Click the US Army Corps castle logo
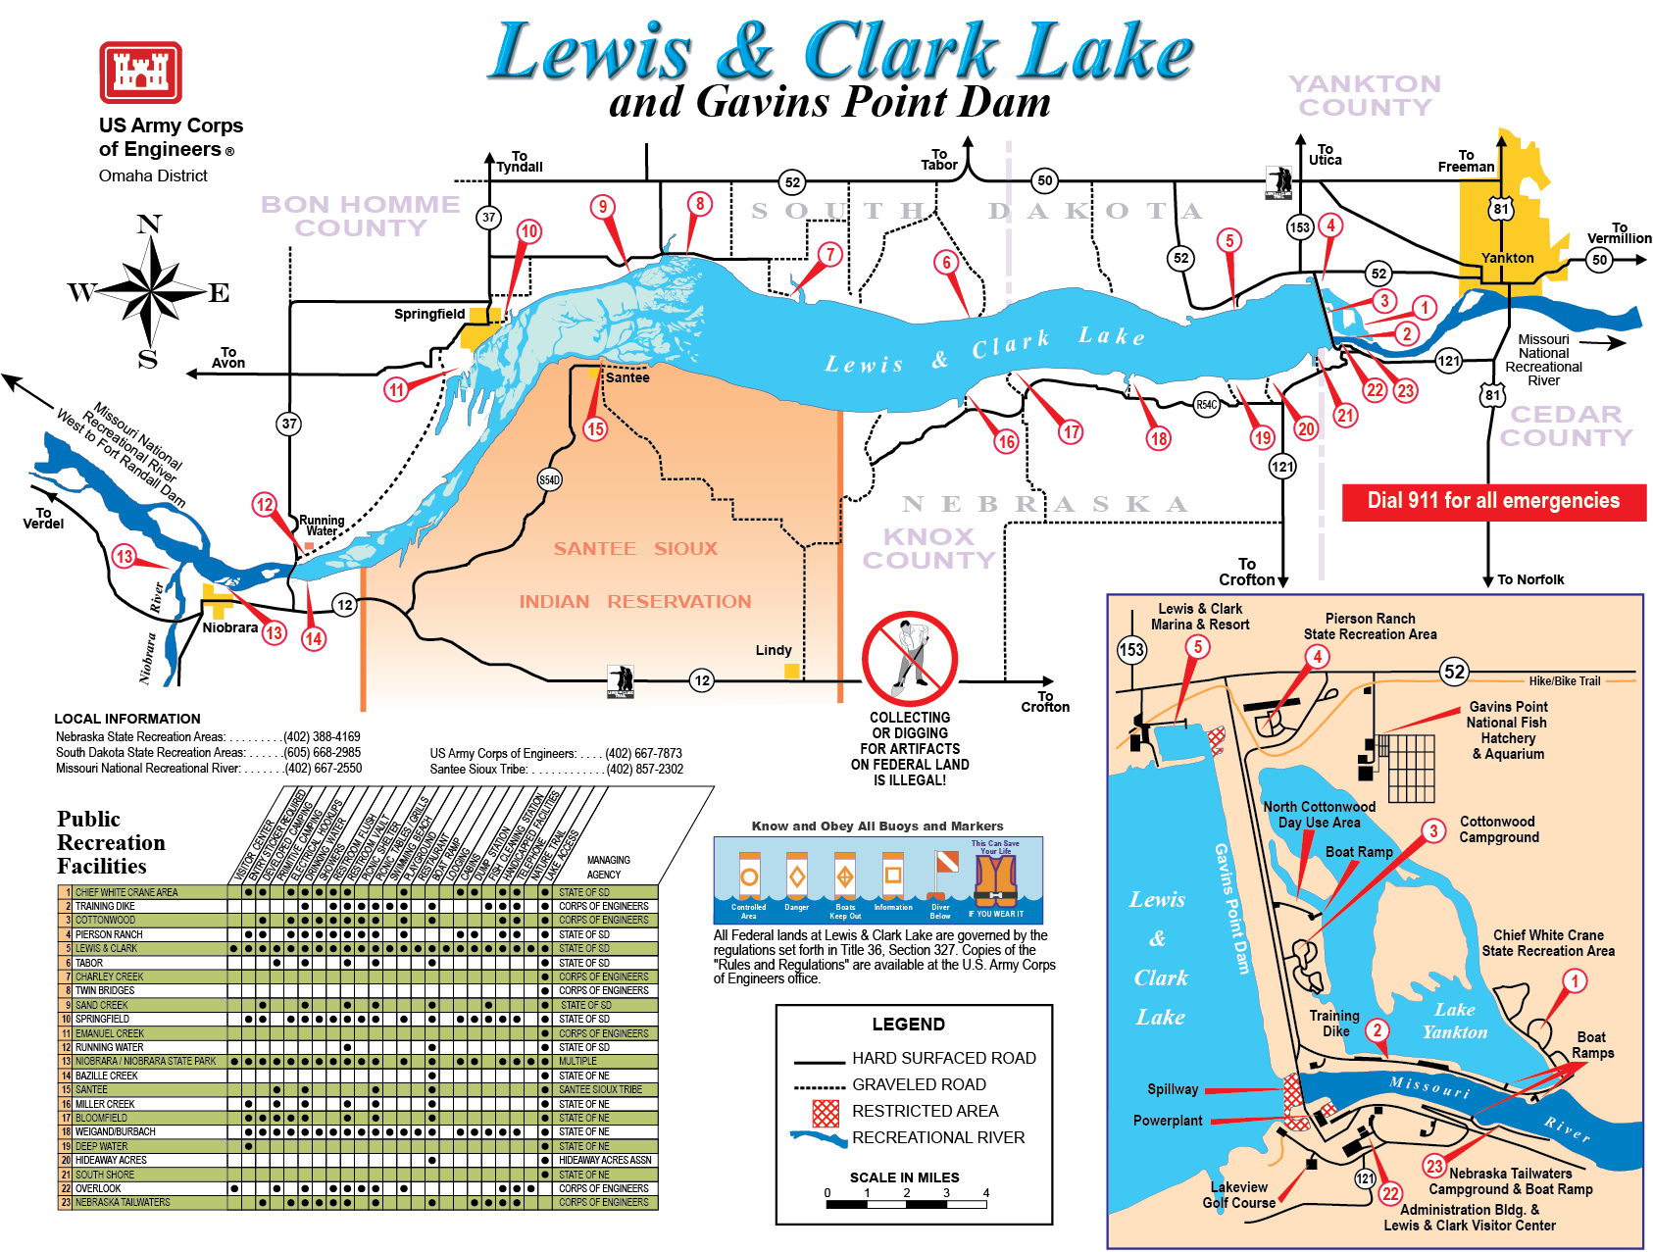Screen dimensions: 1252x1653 click(x=140, y=72)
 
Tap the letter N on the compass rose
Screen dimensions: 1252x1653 click(x=149, y=225)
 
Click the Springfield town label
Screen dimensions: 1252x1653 click(x=428, y=314)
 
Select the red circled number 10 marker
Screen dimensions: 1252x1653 click(x=529, y=231)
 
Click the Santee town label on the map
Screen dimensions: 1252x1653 click(x=627, y=377)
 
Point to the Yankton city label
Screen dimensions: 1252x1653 click(x=1507, y=258)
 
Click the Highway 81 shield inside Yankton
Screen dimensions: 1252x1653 click(x=1501, y=209)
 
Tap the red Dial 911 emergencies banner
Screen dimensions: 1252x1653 click(x=1493, y=501)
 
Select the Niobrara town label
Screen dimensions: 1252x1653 click(x=229, y=627)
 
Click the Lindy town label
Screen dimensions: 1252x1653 click(x=773, y=650)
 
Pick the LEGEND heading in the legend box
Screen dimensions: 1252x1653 click(x=908, y=1025)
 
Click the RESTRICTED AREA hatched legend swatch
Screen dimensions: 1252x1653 click(x=826, y=1112)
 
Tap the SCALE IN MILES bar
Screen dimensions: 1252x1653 click(x=907, y=1203)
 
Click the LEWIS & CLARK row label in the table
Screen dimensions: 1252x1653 click(x=106, y=948)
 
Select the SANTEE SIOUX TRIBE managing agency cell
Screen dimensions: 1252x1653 click(x=600, y=1089)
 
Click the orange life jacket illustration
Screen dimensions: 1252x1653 click(x=996, y=880)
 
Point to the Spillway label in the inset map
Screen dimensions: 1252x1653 click(x=1173, y=1089)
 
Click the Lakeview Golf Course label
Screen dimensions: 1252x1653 click(x=1238, y=1194)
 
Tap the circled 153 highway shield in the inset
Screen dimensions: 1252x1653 click(x=1131, y=649)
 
